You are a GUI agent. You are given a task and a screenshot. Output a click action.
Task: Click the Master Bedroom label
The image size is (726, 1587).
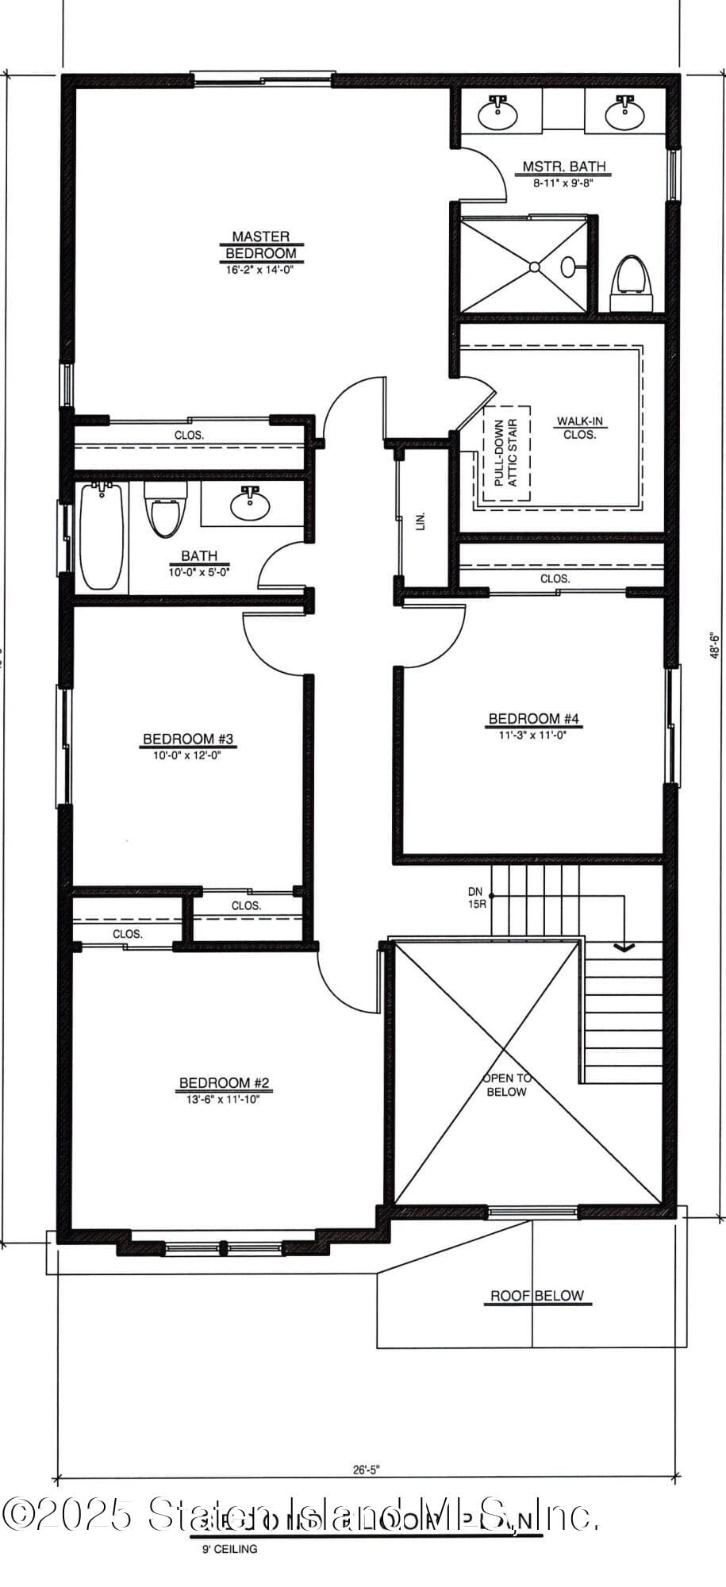click(x=261, y=245)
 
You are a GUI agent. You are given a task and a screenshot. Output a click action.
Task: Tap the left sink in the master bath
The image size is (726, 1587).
click(x=497, y=113)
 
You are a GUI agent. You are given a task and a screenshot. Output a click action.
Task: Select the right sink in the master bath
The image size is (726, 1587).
click(x=624, y=113)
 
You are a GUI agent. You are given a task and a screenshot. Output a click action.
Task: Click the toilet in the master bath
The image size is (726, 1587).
click(x=632, y=282)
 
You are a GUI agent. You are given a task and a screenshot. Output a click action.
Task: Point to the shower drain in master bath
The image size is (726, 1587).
click(x=535, y=267)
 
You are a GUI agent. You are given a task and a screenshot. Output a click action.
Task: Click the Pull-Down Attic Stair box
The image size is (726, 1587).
click(x=507, y=452)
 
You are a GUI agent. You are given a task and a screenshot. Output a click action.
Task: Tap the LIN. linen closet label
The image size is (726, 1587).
click(x=421, y=521)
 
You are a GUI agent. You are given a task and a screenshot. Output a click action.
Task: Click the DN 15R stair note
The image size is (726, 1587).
click(x=476, y=897)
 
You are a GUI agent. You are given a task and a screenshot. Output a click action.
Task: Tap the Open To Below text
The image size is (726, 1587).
click(x=507, y=1085)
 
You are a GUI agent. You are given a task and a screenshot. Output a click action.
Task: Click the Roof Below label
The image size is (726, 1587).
click(x=536, y=1296)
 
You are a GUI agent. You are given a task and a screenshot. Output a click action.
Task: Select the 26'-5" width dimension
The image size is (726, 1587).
click(x=367, y=1469)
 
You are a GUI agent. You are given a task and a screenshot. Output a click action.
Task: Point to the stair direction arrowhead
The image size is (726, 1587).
click(x=624, y=946)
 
